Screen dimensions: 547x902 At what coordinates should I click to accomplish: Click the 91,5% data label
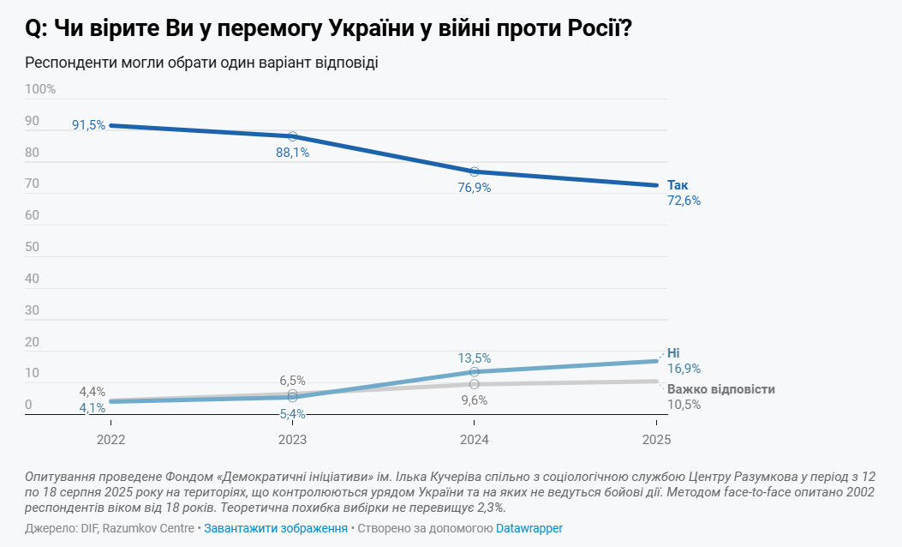coord(88,125)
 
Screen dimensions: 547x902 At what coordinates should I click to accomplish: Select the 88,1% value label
coord(292,153)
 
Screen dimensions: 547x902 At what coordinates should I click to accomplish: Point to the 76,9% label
coord(475,187)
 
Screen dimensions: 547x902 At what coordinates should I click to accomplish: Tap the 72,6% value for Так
coord(684,201)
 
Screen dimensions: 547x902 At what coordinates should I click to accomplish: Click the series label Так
coord(678,185)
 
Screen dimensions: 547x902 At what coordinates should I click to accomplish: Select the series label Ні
coord(673,353)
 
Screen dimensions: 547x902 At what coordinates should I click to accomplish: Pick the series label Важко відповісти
coord(720,389)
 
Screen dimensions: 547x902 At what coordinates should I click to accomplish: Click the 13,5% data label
coord(475,358)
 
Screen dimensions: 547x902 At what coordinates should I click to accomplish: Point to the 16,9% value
coord(684,369)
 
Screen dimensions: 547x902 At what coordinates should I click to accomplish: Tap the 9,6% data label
coord(475,400)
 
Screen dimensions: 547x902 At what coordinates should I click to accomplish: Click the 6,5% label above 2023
coord(292,381)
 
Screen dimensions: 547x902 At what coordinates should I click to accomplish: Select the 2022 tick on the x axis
coord(111,439)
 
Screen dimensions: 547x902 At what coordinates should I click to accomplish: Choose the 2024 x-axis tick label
coord(475,439)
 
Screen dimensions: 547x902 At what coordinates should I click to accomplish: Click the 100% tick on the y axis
coord(40,89)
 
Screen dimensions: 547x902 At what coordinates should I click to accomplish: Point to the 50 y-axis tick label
coord(33,247)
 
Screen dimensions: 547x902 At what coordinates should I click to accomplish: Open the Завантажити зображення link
coord(275,528)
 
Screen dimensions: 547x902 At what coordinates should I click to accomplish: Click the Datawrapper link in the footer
coord(529,528)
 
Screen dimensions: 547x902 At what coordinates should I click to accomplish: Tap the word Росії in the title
coord(600,29)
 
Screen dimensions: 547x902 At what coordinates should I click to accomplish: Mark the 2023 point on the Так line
coord(292,136)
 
